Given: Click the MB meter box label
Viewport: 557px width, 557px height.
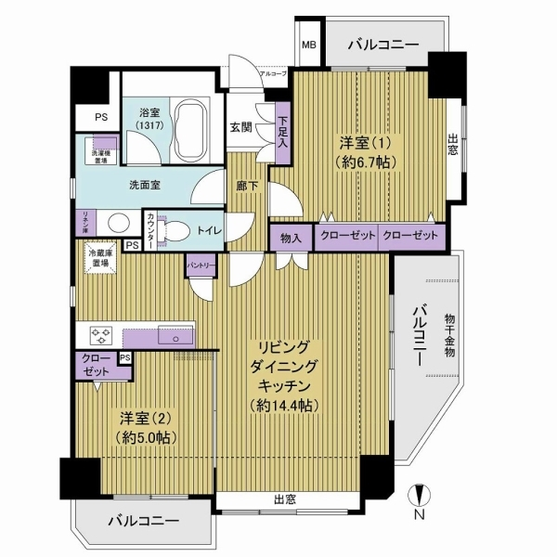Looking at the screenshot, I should pyautogui.click(x=306, y=44).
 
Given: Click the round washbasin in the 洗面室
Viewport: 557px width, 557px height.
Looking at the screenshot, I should pyautogui.click(x=118, y=223).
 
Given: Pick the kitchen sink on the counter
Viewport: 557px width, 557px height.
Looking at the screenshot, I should pyautogui.click(x=174, y=335).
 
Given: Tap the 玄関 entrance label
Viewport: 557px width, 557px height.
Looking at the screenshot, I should pyautogui.click(x=241, y=127).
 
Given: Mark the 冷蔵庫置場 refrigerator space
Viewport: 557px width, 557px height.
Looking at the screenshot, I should pyautogui.click(x=97, y=257).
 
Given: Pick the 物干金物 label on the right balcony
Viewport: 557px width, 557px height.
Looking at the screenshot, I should pyautogui.click(x=448, y=333).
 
